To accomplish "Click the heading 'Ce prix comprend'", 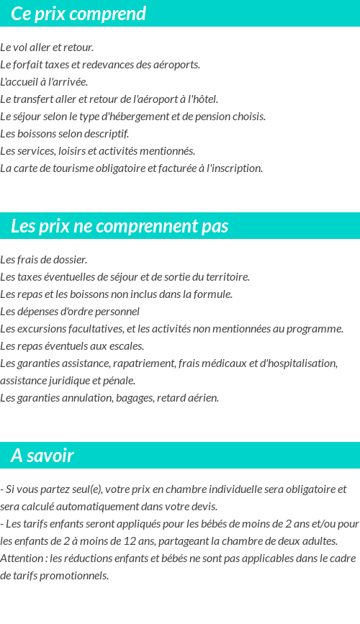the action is (78, 14).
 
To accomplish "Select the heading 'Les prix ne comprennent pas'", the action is (120, 226).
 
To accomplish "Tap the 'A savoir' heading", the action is (42, 456).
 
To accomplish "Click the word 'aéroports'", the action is (176, 65).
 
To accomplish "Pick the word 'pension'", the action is (209, 117).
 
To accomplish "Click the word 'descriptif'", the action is (106, 134).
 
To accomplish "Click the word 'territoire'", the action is (226, 277).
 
